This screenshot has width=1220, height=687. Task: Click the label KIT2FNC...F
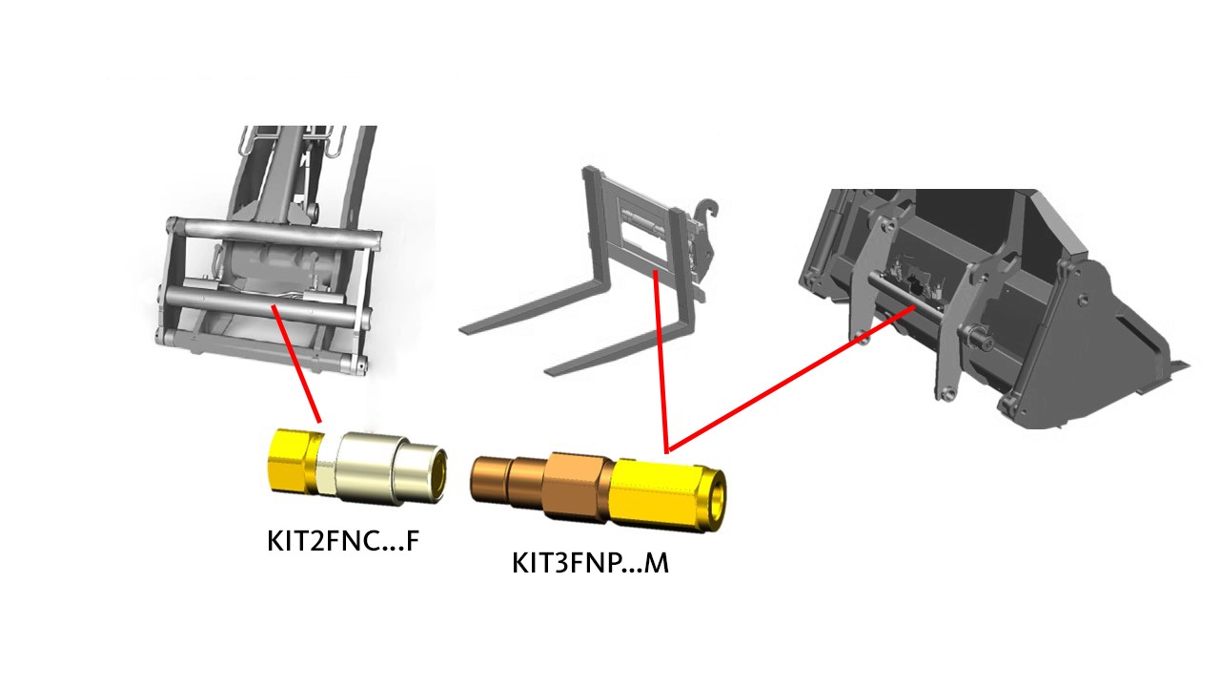pos(343,541)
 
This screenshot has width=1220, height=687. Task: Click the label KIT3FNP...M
pos(590,563)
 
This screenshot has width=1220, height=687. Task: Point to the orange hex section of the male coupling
pos(578,486)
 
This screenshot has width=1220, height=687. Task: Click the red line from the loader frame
pos(296,364)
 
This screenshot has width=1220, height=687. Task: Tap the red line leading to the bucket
pos(791,380)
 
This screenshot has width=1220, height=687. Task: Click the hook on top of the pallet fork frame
pos(708,209)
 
